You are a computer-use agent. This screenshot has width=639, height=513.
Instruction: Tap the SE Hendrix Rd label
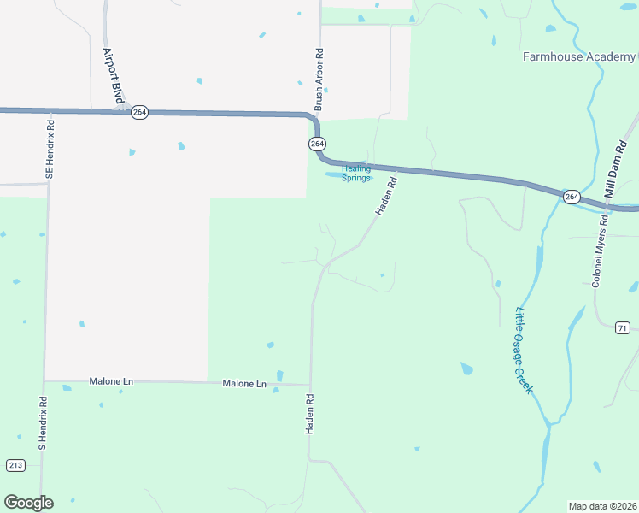50,149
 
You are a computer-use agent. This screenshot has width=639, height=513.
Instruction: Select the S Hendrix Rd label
41,423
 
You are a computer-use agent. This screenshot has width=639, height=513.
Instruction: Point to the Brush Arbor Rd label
319,80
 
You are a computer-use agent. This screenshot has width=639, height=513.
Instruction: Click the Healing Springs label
356,174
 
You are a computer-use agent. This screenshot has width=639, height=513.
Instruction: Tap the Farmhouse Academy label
579,57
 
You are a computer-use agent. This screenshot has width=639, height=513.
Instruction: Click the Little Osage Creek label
523,351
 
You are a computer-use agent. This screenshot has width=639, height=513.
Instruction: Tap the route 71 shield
622,328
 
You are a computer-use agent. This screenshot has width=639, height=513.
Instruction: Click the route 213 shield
15,465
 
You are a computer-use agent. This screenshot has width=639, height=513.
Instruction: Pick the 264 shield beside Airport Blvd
140,112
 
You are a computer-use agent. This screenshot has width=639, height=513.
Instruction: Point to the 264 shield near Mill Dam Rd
572,197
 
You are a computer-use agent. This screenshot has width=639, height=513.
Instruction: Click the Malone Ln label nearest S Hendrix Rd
111,381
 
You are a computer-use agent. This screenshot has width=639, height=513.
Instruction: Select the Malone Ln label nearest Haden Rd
244,385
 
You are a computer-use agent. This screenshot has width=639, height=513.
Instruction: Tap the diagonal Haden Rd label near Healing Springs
386,197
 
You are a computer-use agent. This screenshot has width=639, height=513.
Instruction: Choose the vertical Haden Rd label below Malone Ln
310,414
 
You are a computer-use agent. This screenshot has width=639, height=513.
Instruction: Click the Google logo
28,503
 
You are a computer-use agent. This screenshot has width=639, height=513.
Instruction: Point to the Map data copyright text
602,506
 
